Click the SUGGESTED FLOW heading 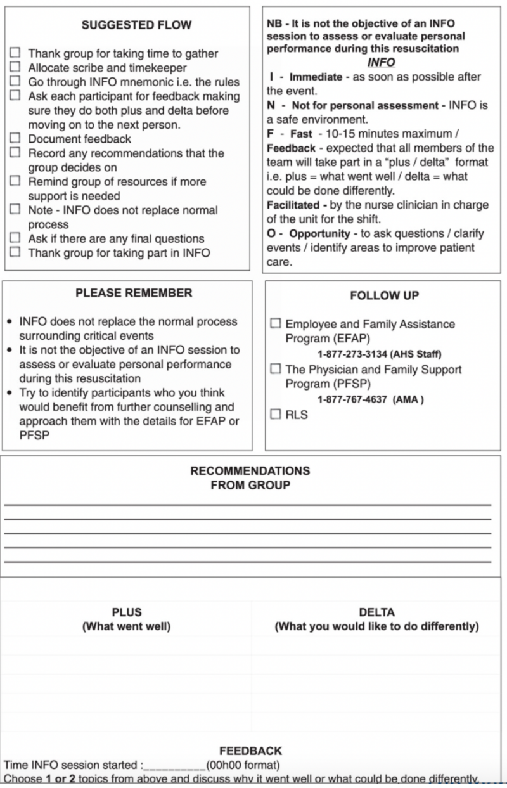136,25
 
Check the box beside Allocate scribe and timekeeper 15,67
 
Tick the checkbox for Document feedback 15,138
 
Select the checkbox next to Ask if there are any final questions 15,238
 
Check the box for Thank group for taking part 15,252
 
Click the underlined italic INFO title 381,62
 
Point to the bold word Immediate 316,77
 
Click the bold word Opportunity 319,233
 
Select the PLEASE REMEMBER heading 134,293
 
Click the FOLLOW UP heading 384,295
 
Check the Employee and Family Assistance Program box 276,323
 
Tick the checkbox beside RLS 276,414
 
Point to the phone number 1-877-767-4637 352,400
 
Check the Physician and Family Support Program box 276,368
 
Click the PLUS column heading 127,612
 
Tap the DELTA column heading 376,612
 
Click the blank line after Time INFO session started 174,765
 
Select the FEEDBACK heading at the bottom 250,751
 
